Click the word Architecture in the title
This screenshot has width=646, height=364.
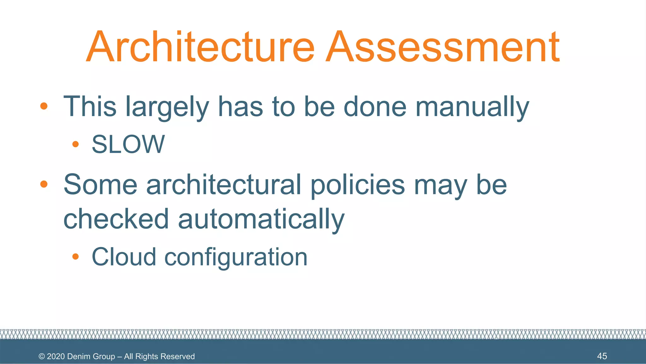point(201,47)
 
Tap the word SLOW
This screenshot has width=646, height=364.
point(128,144)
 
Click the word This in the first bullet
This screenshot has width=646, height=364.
point(90,107)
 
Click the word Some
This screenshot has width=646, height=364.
point(100,185)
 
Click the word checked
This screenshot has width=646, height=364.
point(116,219)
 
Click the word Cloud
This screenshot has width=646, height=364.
point(124,257)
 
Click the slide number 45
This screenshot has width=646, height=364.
point(602,356)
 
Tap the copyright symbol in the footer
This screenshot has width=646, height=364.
point(42,356)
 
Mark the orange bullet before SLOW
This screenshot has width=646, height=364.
point(75,144)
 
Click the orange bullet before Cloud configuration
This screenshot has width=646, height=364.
point(75,256)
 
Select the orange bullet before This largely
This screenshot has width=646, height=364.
point(44,106)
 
